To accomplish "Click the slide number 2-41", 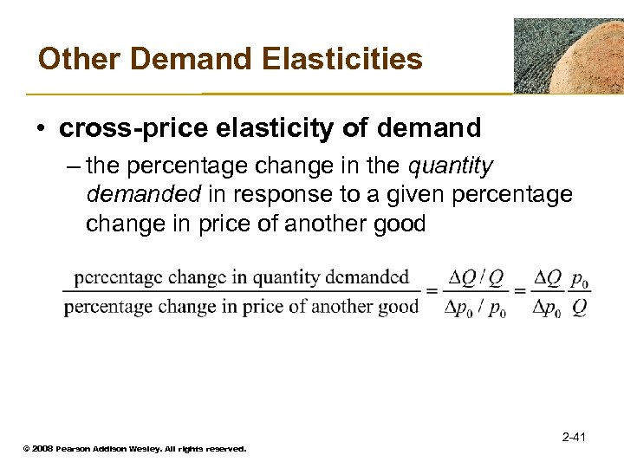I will [573, 436].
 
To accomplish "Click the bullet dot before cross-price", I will [42, 130].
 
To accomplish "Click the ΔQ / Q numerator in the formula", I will [476, 279].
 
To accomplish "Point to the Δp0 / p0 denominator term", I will [475, 307].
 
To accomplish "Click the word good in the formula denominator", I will [400, 306].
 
